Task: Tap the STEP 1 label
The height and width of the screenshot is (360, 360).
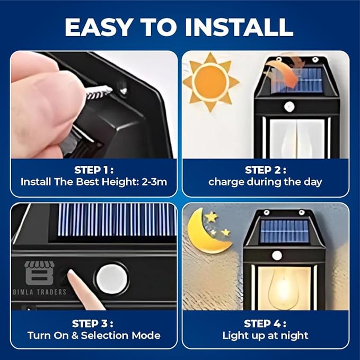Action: [x=94, y=170]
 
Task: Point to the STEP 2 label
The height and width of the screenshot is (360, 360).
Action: [x=265, y=170]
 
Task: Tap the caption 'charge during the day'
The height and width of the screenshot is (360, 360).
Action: [x=265, y=182]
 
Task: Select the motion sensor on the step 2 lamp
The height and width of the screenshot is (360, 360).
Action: [x=289, y=107]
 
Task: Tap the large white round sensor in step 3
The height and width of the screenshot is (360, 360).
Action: [x=112, y=278]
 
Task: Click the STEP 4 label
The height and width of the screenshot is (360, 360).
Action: [x=265, y=323]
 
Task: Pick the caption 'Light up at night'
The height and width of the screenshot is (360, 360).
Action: [x=265, y=335]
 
